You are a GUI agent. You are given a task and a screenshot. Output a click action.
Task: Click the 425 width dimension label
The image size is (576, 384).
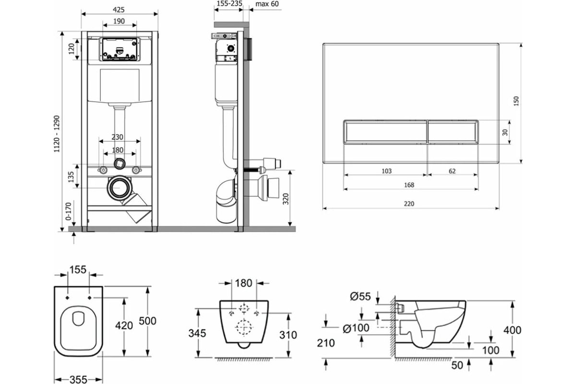coord(119,10)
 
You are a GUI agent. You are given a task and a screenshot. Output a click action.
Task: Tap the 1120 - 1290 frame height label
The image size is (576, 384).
coord(57,134)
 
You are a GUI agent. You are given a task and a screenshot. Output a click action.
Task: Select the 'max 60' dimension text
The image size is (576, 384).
coord(267,4)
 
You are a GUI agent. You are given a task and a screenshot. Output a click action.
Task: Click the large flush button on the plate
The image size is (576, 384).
coord(385,132)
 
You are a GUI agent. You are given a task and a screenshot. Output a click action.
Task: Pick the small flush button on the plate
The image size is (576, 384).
coord(453,132)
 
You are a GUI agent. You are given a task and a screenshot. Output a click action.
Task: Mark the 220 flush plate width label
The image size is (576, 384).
coord(409,204)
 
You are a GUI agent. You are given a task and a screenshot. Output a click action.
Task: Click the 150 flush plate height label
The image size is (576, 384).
coord(516,101)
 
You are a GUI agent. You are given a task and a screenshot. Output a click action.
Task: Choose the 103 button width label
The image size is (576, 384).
coord(386,171)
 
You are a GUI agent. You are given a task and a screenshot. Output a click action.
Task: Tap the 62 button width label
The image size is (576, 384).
coord(452,171)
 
